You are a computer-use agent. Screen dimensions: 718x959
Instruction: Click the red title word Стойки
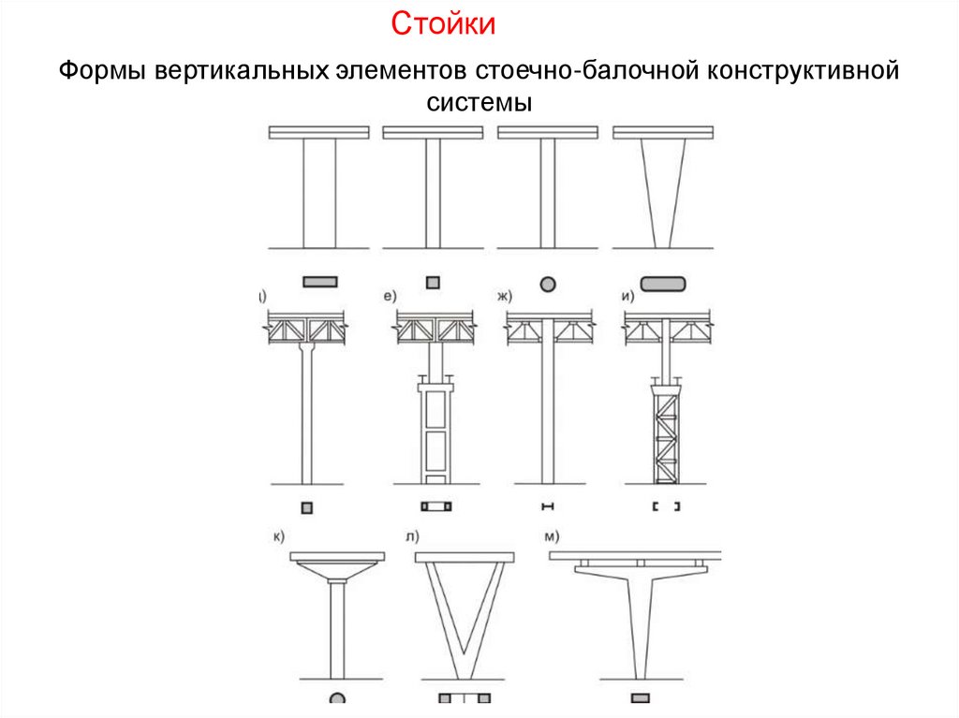442,24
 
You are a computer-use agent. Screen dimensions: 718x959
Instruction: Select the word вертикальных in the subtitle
238,72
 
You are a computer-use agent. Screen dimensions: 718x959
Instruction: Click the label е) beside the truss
390,297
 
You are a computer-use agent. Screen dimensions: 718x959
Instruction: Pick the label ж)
506,297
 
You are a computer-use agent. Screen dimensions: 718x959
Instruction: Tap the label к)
278,535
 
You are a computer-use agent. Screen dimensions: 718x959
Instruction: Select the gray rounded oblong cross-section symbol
662,282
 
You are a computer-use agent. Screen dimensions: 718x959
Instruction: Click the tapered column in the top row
663,192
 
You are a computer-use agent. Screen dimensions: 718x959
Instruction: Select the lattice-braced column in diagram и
664,433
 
